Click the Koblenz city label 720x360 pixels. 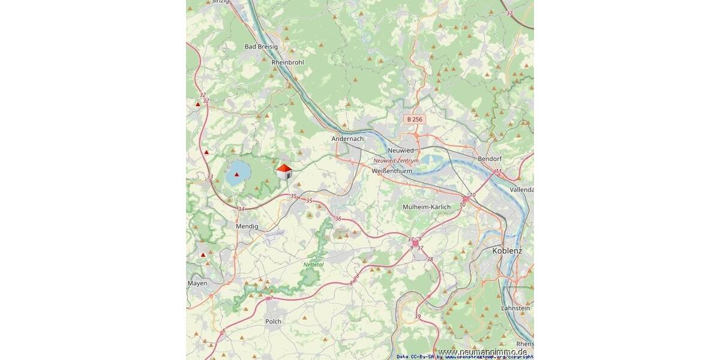(x=506, y=251)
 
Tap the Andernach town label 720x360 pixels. (x=347, y=139)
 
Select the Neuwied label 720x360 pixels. (x=401, y=150)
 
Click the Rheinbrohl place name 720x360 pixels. (x=287, y=62)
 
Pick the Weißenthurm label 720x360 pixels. (x=392, y=171)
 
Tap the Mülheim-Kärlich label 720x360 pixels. (x=426, y=207)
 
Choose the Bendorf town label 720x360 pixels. (x=490, y=159)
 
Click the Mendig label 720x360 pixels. (x=247, y=226)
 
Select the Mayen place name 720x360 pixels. (x=197, y=283)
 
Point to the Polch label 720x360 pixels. (x=273, y=322)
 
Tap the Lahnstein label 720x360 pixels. (x=515, y=308)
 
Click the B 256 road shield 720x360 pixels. (x=415, y=119)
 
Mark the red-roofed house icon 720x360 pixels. (x=284, y=172)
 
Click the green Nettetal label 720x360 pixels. (x=313, y=265)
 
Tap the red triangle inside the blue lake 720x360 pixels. (x=236, y=175)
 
